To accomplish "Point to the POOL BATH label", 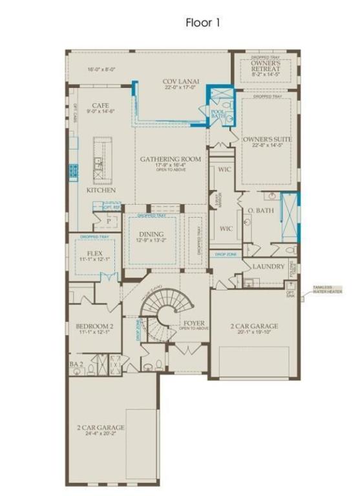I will [217, 115].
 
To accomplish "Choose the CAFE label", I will [100, 105].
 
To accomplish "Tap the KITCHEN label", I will [101, 191].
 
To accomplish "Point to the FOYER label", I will [194, 322].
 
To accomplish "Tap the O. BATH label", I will [259, 211].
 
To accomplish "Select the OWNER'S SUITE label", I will [267, 139].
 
